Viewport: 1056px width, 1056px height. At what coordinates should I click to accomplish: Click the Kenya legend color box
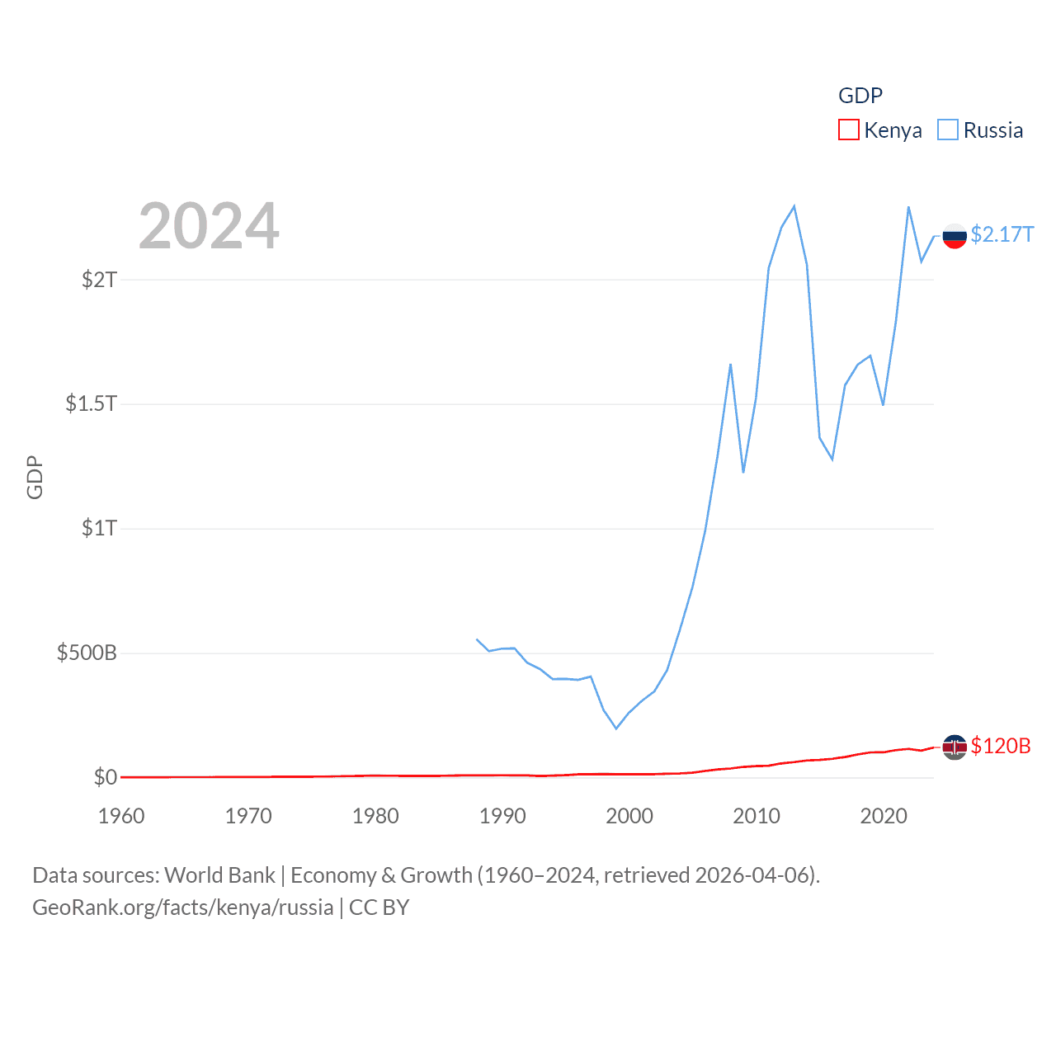848,130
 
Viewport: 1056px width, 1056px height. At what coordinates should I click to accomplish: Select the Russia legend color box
948,130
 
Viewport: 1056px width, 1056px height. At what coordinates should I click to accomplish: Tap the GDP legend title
860,96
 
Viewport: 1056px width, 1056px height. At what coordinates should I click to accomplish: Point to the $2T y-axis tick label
99,280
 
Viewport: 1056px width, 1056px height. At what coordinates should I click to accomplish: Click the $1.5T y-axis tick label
91,403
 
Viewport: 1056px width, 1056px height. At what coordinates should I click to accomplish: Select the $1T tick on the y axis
99,528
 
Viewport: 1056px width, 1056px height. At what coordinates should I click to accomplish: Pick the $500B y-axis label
87,653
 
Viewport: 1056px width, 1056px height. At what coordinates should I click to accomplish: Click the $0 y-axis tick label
106,777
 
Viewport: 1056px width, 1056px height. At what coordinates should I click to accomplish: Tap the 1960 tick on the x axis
121,816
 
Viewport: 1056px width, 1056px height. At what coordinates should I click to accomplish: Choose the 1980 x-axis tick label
375,816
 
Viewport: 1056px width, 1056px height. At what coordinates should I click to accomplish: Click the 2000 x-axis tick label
629,816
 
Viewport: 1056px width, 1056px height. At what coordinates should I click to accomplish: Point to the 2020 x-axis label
884,816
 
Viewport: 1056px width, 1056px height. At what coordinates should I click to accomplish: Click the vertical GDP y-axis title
35,477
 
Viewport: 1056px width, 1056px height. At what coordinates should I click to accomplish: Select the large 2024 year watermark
209,226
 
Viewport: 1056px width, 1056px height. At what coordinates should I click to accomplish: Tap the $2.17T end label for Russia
1002,235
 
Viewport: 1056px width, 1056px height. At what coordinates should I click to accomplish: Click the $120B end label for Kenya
1001,746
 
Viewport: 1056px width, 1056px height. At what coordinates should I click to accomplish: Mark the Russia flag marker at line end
955,236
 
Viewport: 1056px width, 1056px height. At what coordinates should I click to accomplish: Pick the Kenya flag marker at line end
955,747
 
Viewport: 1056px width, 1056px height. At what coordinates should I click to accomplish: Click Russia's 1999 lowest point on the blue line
616,728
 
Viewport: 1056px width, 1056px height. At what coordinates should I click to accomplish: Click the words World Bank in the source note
219,875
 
